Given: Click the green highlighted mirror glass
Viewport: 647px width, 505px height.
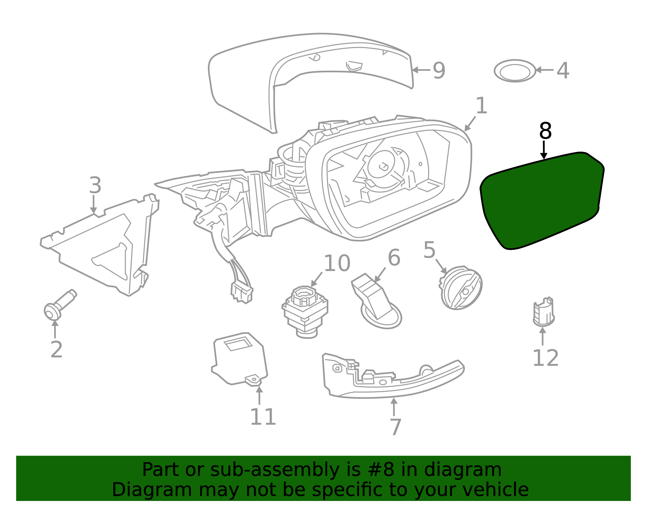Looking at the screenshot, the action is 541,201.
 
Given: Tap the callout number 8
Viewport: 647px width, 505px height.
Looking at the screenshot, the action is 545,131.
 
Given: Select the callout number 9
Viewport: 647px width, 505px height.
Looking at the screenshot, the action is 439,70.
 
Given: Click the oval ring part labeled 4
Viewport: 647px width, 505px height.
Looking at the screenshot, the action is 515,71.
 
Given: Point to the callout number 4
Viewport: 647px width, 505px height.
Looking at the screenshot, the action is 563,70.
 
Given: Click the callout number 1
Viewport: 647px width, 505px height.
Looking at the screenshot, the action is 482,106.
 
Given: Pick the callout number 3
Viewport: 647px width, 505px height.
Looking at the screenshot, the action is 95,185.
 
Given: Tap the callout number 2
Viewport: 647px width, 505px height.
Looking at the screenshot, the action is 57,349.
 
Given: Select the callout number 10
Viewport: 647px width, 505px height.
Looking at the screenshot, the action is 337,263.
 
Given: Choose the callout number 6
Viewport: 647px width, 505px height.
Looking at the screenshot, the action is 394,258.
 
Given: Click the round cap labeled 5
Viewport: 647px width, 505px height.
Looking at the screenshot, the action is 461,288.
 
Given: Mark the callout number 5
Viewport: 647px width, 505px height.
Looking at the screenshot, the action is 429,250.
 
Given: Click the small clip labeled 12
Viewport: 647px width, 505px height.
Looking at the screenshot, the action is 544,312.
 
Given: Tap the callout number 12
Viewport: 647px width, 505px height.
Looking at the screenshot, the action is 546,358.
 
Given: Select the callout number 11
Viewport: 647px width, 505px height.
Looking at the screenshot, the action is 263,417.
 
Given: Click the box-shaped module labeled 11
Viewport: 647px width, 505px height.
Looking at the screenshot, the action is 240,359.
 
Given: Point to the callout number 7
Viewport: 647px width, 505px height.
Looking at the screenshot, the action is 395,427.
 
